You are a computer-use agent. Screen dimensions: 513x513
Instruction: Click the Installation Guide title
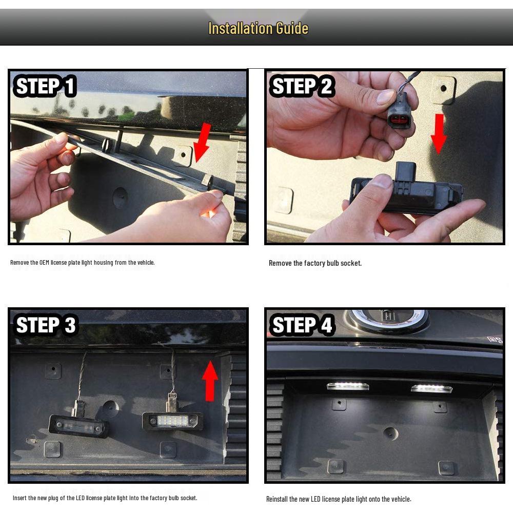coord(258,28)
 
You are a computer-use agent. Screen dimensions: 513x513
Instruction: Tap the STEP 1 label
coord(45,86)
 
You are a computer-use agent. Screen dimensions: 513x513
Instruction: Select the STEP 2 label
coord(302,86)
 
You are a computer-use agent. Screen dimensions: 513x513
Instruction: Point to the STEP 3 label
coord(45,325)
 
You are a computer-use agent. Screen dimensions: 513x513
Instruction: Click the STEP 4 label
coord(302,325)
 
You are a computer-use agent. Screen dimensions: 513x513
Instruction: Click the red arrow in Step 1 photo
coord(202,142)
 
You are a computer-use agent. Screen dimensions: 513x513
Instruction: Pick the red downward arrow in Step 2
coord(439,133)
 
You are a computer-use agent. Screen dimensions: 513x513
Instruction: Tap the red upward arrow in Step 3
coord(210,381)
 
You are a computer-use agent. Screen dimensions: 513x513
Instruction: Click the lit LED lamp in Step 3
coord(172,421)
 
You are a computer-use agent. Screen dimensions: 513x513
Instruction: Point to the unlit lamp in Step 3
coord(78,426)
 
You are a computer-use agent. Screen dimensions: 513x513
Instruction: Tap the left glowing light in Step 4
coord(348,386)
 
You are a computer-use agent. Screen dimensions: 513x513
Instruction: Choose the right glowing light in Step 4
coord(431,388)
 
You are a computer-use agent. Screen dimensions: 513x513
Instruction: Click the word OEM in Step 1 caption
coord(44,262)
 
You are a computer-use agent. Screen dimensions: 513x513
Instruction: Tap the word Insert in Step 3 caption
coord(19,498)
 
